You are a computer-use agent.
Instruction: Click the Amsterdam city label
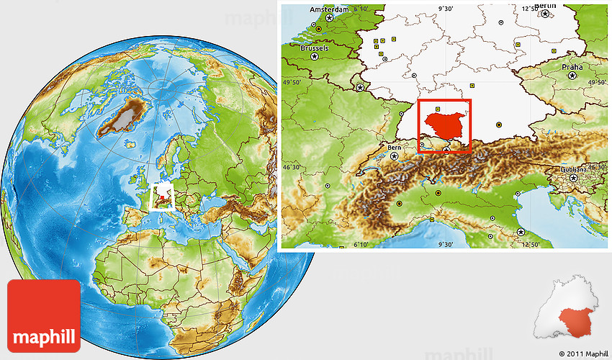coord(328,9)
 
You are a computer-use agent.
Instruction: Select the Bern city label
coord(394,148)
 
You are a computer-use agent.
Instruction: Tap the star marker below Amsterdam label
coord(330,17)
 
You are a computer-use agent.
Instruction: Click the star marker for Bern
coord(394,156)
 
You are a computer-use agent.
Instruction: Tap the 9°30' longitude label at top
coord(446,9)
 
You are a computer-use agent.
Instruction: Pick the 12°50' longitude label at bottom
coord(531,244)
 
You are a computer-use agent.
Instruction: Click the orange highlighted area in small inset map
coord(577,320)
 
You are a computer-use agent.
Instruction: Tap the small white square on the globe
coord(163,196)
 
